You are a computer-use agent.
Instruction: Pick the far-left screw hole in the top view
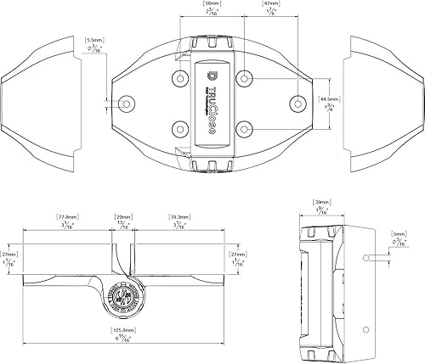[126, 103]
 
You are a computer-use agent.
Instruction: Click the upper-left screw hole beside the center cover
[180, 78]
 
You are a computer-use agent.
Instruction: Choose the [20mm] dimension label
[123, 217]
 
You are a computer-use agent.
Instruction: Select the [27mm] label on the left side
[9, 254]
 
